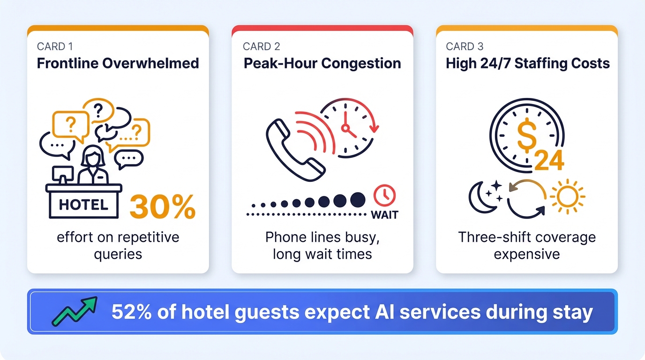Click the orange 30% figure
pyautogui.click(x=162, y=206)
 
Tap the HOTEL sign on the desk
pyautogui.click(x=84, y=205)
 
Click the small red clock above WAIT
pyautogui.click(x=384, y=195)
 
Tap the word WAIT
pyautogui.click(x=384, y=215)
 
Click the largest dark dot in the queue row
pyautogui.click(x=358, y=200)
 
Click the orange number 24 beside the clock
pyautogui.click(x=549, y=161)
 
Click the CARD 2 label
pyautogui.click(x=262, y=46)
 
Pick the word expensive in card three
pyautogui.click(x=527, y=254)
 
